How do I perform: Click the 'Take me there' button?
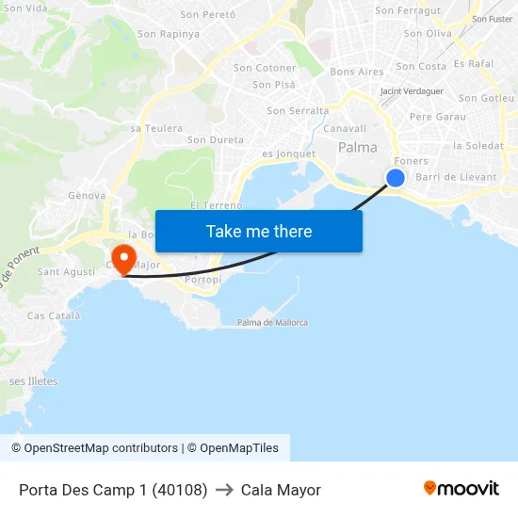[259, 231]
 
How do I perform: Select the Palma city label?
[358, 147]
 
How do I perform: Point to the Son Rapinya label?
[169, 34]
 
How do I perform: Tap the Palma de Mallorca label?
[272, 323]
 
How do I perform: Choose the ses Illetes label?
[34, 381]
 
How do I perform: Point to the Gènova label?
[86, 195]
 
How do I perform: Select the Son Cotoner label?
[265, 68]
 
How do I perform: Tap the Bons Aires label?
[357, 72]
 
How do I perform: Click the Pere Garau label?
[438, 117]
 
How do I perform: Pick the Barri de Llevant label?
[456, 177]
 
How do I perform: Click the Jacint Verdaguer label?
[412, 91]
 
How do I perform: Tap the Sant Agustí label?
[66, 272]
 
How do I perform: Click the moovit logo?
[461, 489]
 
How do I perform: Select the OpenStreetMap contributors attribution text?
[101, 448]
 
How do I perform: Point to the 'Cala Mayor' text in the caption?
[281, 490]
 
